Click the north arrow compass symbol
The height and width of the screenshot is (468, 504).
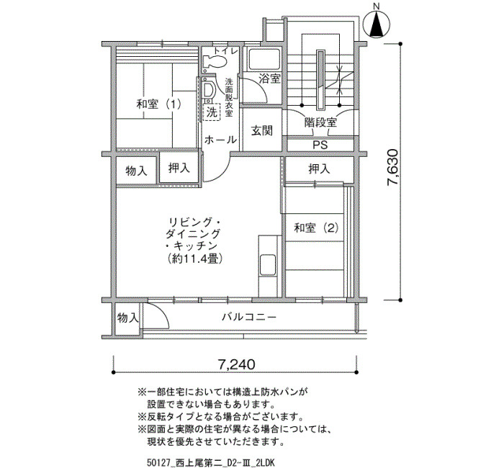[377, 24]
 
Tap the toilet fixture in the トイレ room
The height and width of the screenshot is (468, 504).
[215, 62]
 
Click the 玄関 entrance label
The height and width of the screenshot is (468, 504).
[261, 131]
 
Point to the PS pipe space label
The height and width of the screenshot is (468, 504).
[320, 145]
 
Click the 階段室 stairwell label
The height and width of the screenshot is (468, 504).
[320, 122]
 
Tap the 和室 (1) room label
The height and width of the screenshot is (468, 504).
[158, 104]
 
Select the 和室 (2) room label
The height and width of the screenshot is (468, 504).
[316, 228]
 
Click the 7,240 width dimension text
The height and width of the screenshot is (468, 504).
[236, 364]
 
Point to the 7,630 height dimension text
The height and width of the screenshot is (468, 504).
[393, 168]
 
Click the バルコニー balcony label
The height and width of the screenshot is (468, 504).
[249, 318]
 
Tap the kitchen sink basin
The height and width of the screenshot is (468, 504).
[268, 265]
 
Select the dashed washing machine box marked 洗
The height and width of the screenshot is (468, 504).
[212, 112]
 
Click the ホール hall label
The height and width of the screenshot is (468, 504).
[220, 140]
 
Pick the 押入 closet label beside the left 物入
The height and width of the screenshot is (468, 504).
[179, 168]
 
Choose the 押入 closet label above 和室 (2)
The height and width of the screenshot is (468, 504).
[319, 168]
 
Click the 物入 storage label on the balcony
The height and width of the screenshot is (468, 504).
[127, 318]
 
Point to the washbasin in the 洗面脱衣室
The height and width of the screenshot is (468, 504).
[207, 90]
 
